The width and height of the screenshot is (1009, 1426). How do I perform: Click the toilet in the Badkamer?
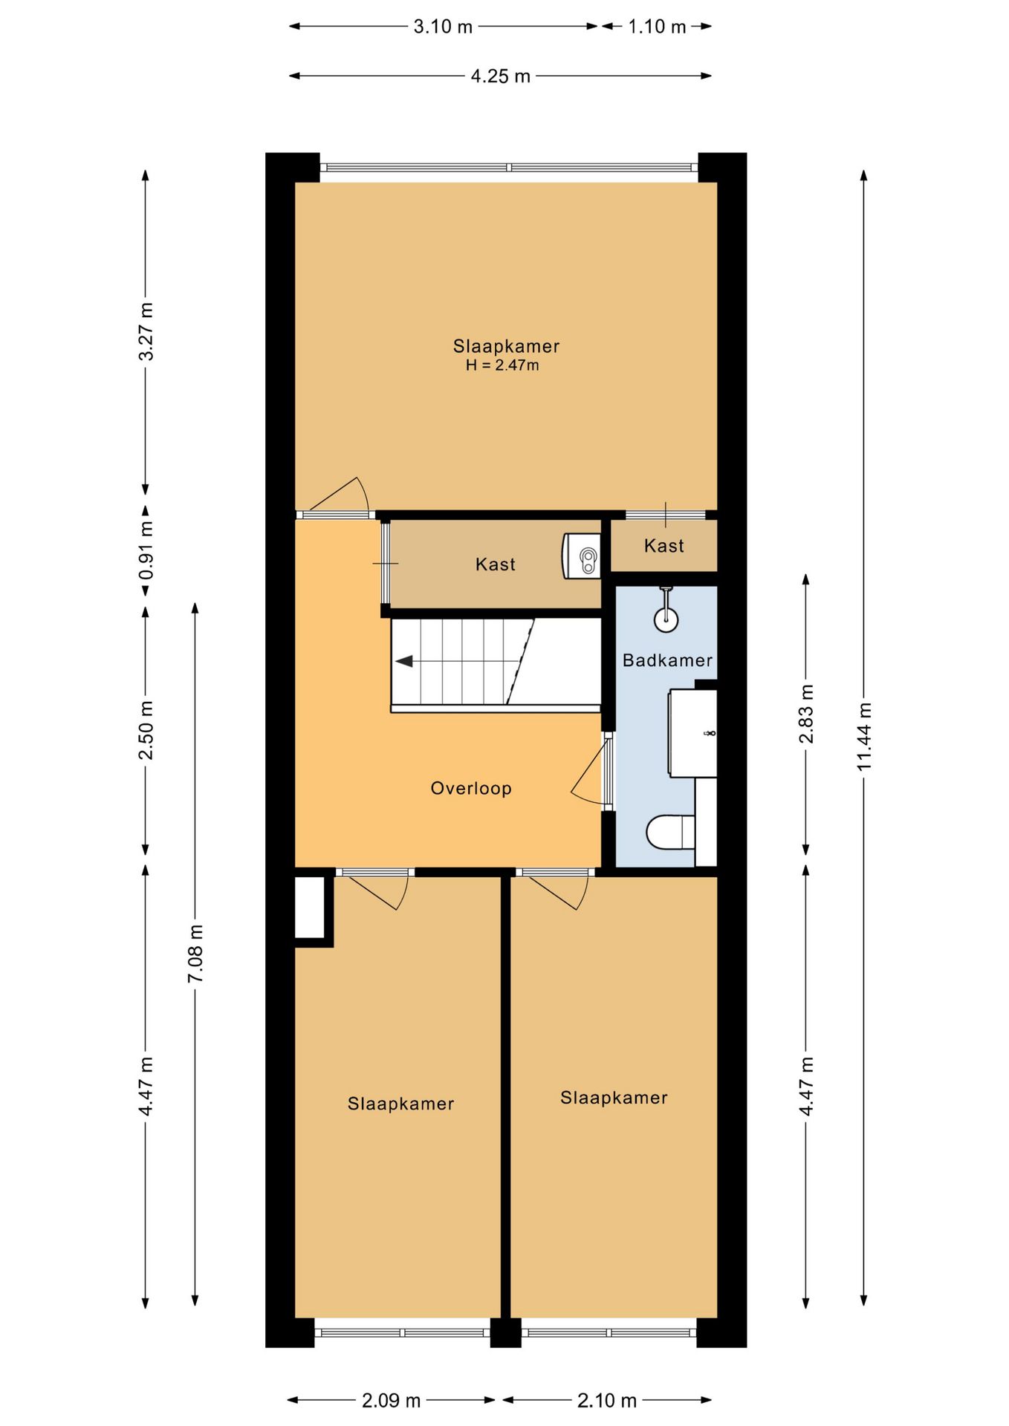(x=670, y=832)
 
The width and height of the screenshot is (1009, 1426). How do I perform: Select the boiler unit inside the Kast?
(x=582, y=556)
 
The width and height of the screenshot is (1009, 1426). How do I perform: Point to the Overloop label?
(x=471, y=788)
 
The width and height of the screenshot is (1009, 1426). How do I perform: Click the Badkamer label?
(x=667, y=660)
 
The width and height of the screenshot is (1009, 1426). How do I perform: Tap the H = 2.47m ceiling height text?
(x=502, y=365)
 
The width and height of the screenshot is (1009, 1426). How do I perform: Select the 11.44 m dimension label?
(x=863, y=736)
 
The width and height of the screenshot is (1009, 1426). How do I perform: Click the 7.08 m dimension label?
(x=195, y=954)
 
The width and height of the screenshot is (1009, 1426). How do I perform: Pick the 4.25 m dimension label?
(x=501, y=76)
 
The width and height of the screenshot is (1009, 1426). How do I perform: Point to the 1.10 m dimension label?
(x=657, y=27)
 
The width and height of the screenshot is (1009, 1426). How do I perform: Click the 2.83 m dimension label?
(x=806, y=714)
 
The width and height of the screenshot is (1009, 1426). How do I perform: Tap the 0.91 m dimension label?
(x=146, y=551)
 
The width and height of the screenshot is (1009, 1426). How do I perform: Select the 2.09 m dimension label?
(x=392, y=1401)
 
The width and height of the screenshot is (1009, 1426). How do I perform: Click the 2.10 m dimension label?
(x=607, y=1401)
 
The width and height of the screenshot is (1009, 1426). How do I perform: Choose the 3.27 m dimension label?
(x=146, y=331)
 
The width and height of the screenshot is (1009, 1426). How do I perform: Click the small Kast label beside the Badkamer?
(x=664, y=546)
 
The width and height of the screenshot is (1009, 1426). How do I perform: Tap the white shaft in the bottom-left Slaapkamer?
(x=310, y=908)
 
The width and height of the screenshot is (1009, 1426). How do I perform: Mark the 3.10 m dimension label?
(x=443, y=27)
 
